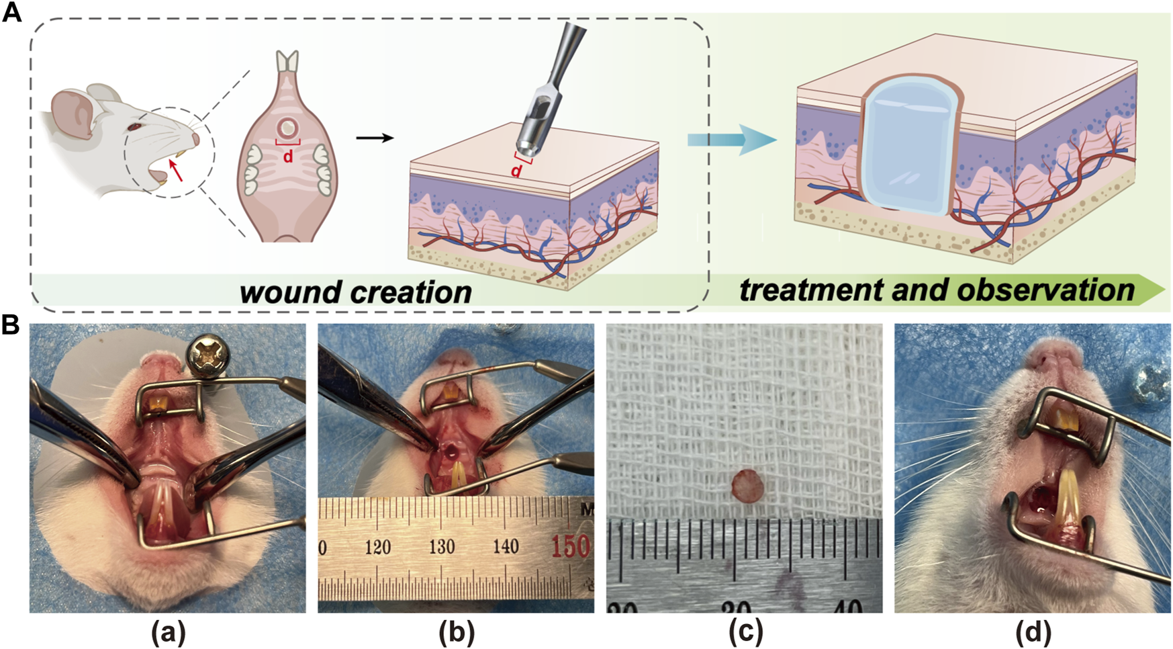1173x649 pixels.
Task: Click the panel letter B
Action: (11, 325)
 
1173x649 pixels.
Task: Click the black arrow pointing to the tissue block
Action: (374, 138)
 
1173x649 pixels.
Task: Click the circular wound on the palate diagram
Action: (288, 127)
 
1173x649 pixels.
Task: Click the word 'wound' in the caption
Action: (284, 292)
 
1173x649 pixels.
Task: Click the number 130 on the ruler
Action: (441, 546)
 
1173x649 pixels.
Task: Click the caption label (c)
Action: (744, 632)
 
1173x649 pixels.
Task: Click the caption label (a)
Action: (167, 632)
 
